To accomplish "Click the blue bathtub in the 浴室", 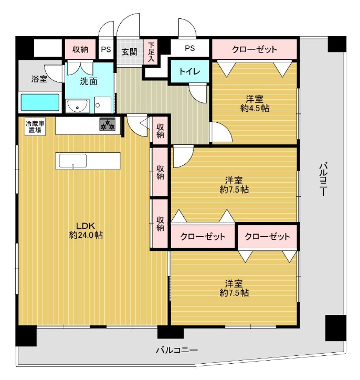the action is click(40, 102).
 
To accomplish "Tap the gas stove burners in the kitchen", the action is click(107, 124).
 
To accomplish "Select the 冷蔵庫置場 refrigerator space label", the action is click(35, 126).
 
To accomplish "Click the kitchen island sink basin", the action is click(73, 161).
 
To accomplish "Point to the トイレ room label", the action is click(189, 71).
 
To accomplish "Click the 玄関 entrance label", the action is click(130, 52).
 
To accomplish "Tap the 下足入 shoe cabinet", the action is click(152, 51).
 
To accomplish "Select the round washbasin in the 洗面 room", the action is click(78, 106).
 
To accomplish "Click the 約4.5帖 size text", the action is click(255, 108).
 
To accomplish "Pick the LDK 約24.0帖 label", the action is click(86, 230).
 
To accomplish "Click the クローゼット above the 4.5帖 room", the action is click(255, 49).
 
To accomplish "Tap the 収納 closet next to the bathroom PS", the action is click(80, 49).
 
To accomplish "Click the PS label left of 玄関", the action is click(106, 49).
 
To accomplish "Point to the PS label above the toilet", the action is click(189, 48).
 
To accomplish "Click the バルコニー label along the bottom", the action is click(177, 350).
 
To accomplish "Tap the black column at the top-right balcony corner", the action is click(337, 44).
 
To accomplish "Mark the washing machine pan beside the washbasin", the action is click(103, 105).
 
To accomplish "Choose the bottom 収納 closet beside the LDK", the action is click(160, 224).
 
